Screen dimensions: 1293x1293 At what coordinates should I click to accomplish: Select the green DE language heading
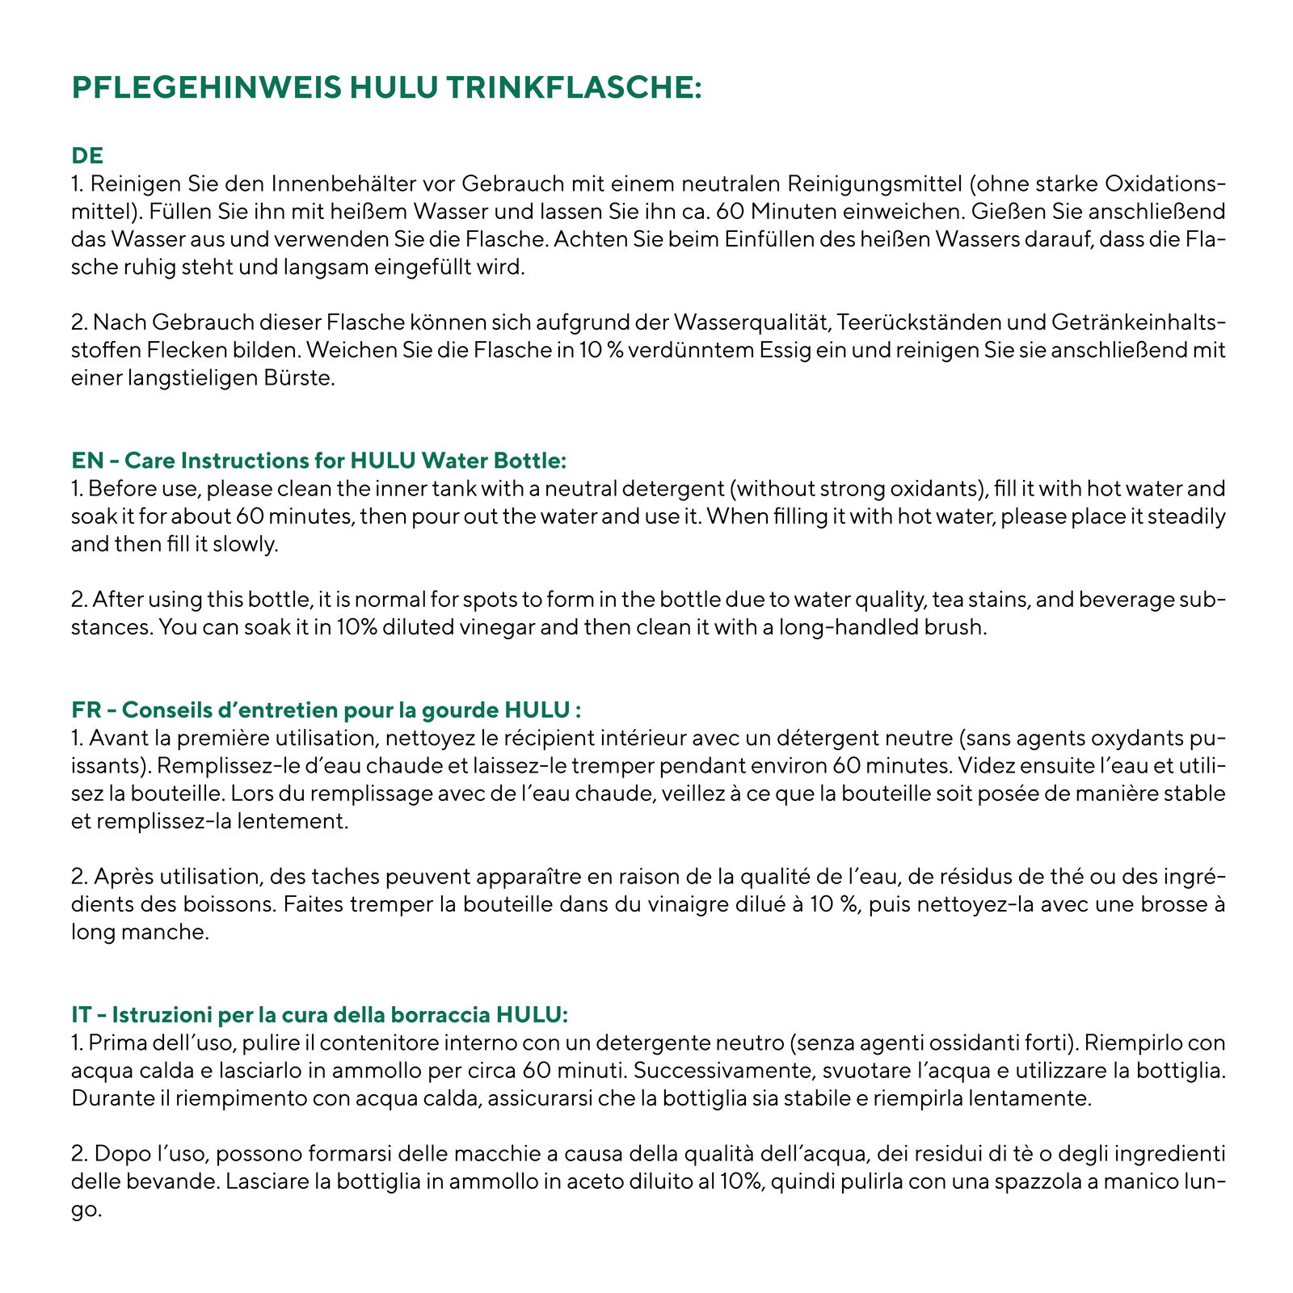click(x=87, y=154)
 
